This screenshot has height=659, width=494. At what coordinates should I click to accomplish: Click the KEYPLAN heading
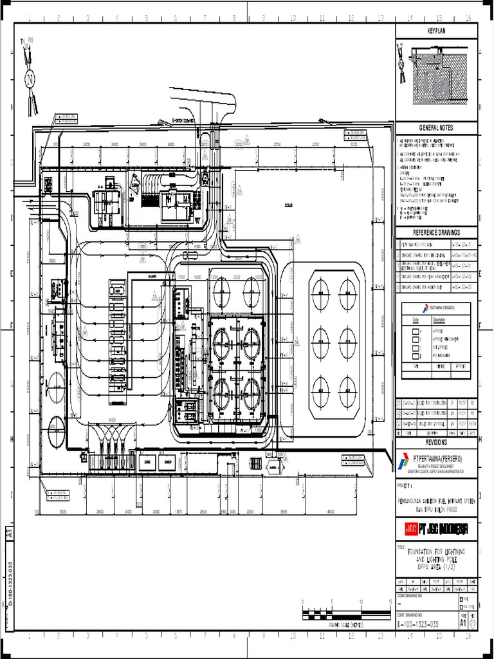click(437, 32)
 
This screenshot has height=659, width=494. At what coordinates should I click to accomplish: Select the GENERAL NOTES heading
click(437, 128)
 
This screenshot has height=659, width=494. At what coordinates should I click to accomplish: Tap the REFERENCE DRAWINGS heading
click(437, 232)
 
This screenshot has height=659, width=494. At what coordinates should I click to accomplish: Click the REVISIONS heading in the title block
click(437, 443)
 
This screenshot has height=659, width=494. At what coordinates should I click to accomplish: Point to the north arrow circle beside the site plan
click(29, 79)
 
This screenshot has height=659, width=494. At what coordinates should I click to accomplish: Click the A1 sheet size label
click(463, 623)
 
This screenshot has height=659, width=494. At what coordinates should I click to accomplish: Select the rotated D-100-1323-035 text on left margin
click(9, 584)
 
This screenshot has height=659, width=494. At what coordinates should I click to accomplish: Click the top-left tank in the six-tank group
click(320, 292)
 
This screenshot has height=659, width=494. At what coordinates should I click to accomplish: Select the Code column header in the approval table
click(416, 319)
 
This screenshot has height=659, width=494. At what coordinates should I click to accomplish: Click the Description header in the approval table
click(439, 319)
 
